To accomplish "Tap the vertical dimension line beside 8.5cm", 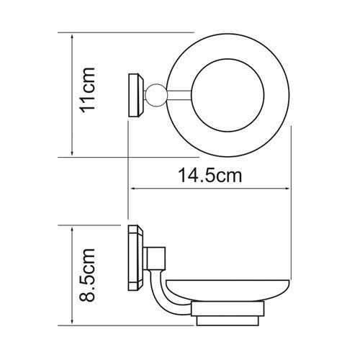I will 72,274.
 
